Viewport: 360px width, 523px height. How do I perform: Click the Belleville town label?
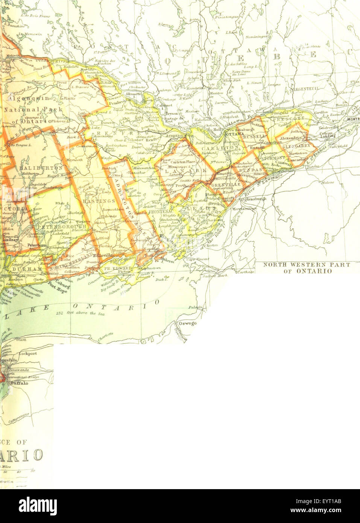tap(102, 255)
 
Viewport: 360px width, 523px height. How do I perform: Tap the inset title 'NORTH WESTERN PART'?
tap(306, 265)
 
